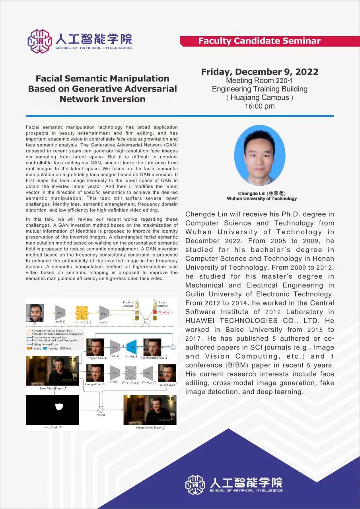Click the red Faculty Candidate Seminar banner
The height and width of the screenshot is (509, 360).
click(x=259, y=41)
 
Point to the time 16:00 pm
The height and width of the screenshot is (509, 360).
click(x=259, y=106)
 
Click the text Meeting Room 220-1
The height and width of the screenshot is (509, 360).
click(x=259, y=81)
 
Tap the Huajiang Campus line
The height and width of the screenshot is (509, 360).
click(x=259, y=97)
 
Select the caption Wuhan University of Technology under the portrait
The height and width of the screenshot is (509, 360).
click(x=262, y=198)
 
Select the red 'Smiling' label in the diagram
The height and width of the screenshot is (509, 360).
click(x=164, y=313)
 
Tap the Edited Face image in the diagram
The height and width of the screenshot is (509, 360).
click(x=167, y=373)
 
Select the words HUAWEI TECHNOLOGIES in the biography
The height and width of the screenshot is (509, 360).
click(x=228, y=321)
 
